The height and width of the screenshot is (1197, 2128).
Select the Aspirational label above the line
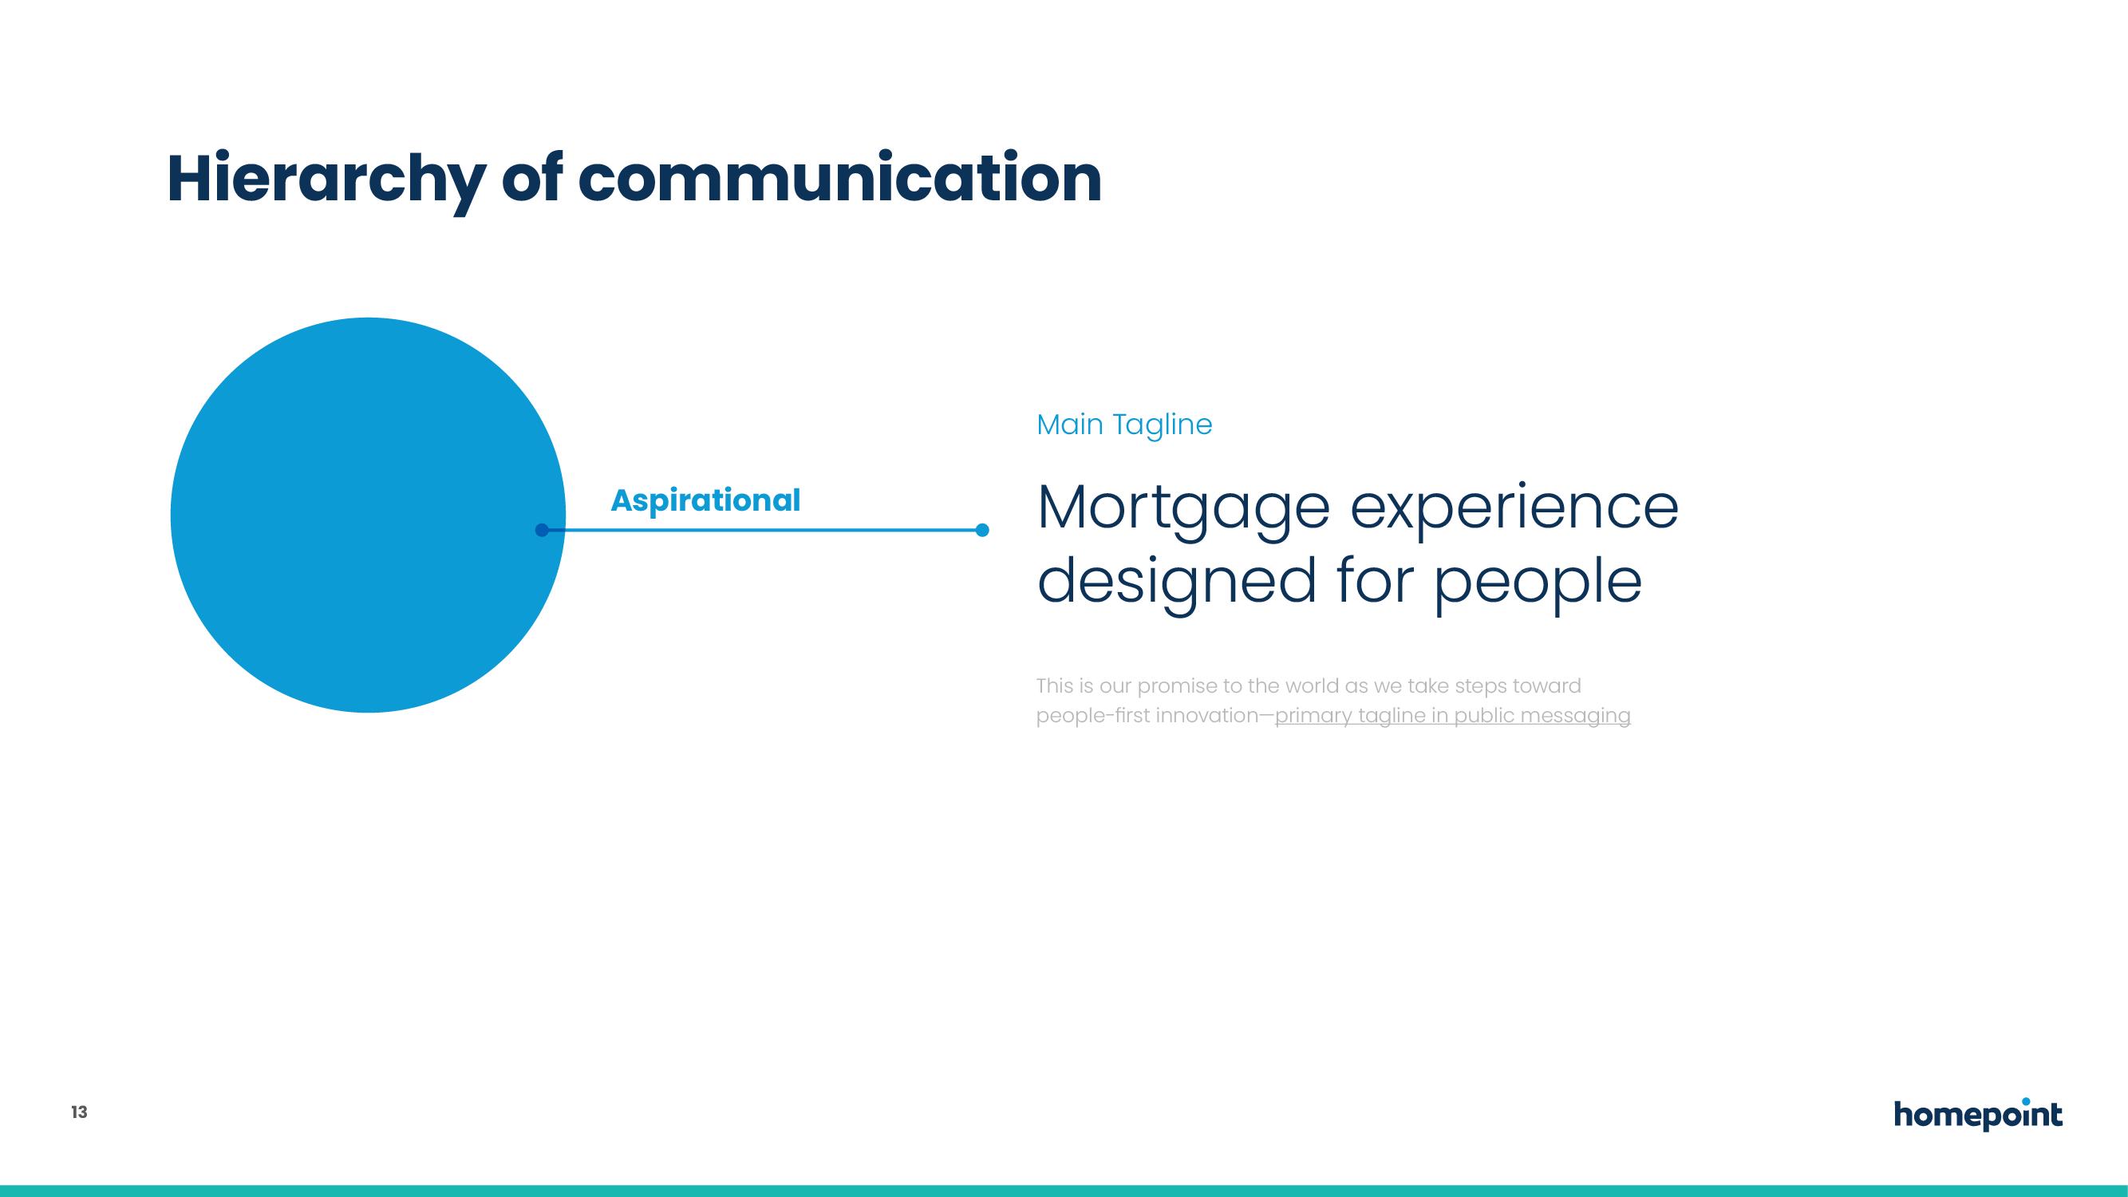[x=705, y=500]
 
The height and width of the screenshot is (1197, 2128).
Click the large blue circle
[x=368, y=515]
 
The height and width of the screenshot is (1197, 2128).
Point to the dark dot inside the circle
[x=542, y=530]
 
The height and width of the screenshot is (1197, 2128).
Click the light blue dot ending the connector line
[x=982, y=530]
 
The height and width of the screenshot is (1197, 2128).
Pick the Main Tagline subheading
[x=1124, y=425]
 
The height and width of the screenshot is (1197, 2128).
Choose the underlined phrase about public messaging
[x=1452, y=715]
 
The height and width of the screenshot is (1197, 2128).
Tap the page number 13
[x=79, y=1112]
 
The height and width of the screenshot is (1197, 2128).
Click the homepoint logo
[x=1978, y=1114]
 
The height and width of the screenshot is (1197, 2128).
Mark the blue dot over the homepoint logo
[x=2027, y=1101]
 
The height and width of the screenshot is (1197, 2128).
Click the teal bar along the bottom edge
[x=1064, y=1191]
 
